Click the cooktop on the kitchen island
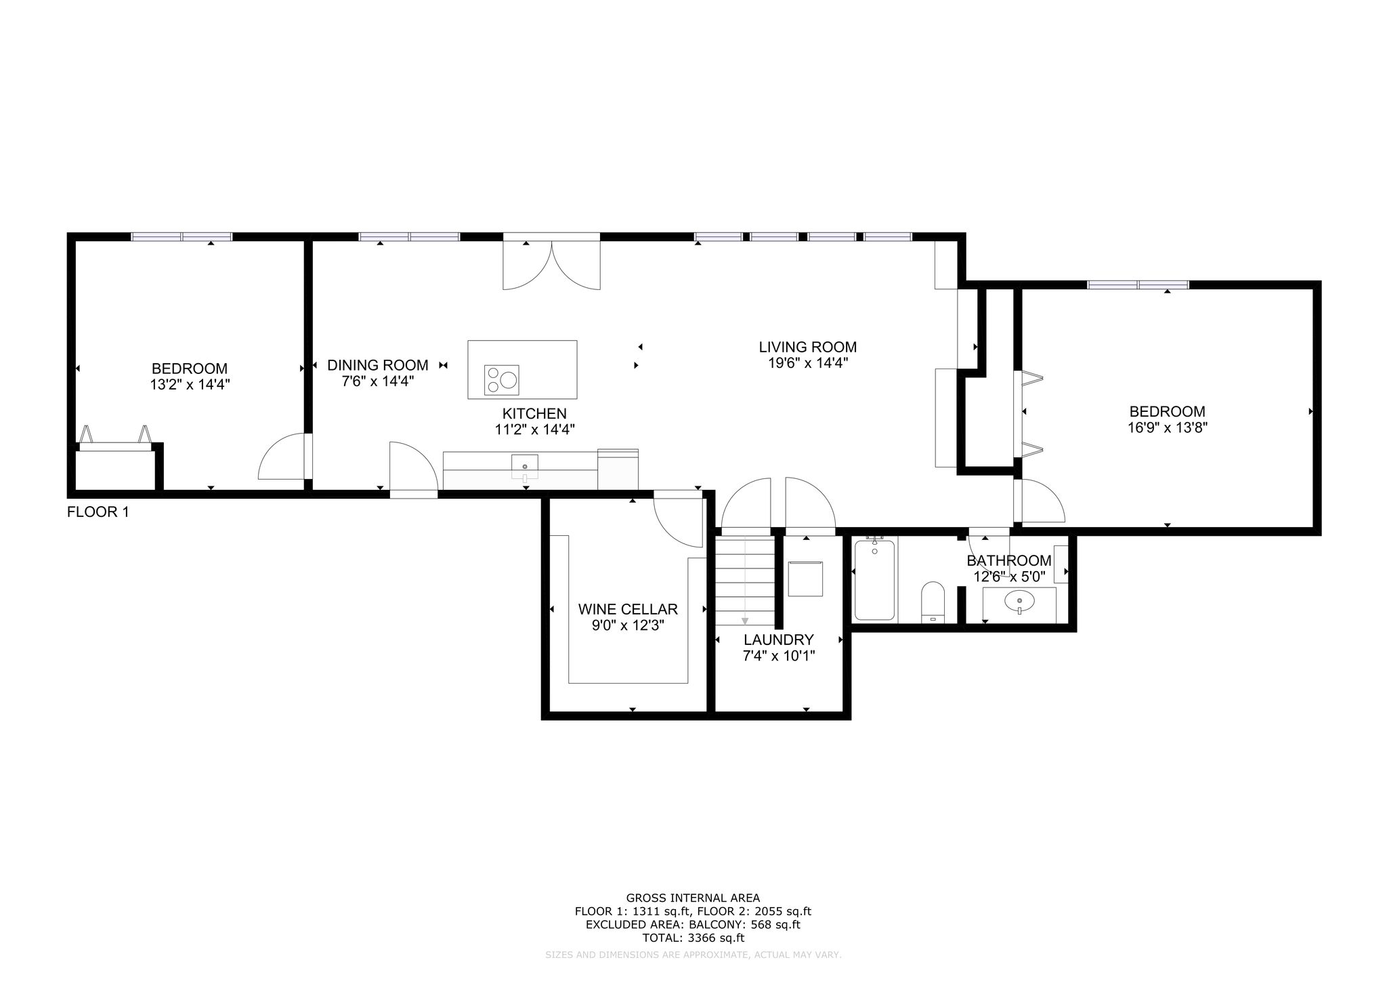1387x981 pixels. click(x=502, y=379)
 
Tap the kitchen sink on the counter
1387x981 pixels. click(x=525, y=467)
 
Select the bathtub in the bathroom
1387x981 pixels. click(x=874, y=579)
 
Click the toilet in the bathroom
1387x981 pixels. click(x=933, y=602)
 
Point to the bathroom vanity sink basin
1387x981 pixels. click(x=1019, y=601)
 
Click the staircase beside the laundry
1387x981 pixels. click(x=745, y=581)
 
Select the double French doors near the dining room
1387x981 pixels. click(x=551, y=264)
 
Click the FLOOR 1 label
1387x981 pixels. click(x=98, y=512)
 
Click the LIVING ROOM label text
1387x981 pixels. click(x=807, y=347)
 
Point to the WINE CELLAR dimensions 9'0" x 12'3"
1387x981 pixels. click(x=628, y=625)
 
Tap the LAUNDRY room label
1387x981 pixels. click(x=779, y=640)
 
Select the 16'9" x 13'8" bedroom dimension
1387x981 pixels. click(x=1168, y=427)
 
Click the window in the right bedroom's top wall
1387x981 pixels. click(x=1138, y=285)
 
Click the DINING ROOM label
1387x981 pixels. click(x=378, y=365)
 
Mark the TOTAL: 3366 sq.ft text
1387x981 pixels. click(x=693, y=938)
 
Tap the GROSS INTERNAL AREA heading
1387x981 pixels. click(x=693, y=898)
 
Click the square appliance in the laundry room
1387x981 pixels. click(x=806, y=578)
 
